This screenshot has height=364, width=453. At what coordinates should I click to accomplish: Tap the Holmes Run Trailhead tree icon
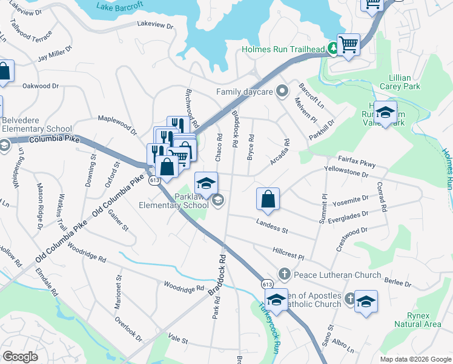(332, 49)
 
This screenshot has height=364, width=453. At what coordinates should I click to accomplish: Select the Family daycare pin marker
(282, 92)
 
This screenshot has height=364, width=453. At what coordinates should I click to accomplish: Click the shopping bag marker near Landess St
(268, 199)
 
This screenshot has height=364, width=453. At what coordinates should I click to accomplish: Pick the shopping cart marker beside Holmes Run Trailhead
(349, 44)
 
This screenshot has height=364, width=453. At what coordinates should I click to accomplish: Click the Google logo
(20, 357)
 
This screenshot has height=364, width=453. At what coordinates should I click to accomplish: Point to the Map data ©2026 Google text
(415, 359)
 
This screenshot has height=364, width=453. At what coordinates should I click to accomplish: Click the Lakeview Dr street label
(155, 25)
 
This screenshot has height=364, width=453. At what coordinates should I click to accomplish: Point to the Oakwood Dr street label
(41, 86)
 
